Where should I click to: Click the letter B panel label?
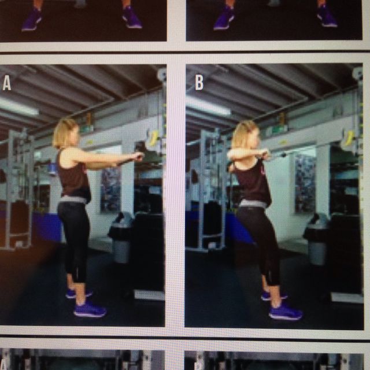coord(199,83)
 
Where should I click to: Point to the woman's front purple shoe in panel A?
coord(90,310)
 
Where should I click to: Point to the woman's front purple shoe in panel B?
coord(285,313)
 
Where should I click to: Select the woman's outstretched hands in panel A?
coord(136,156)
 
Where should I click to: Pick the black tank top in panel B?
coord(253,182)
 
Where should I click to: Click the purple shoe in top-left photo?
coord(31,20)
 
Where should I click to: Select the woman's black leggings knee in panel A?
coord(79,254)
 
